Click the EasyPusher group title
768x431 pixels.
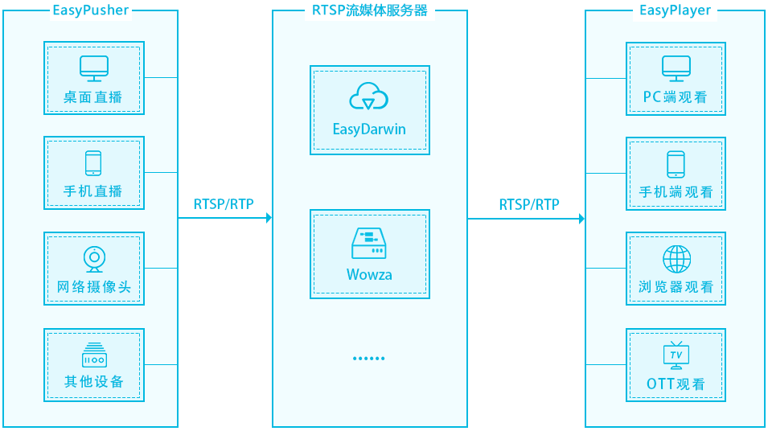[90, 10]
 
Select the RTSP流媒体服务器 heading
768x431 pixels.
[369, 10]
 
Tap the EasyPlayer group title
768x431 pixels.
[676, 10]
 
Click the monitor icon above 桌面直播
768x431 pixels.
[93, 68]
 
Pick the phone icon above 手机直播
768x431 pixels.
[93, 163]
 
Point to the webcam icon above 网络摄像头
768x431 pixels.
[93, 259]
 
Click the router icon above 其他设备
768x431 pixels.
[93, 355]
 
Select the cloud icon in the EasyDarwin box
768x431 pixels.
[369, 97]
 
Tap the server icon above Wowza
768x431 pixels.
[369, 243]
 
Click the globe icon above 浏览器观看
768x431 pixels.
[676, 259]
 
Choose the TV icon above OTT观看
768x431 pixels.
[676, 355]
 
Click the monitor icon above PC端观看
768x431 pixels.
[676, 68]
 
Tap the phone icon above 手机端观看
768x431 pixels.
[676, 164]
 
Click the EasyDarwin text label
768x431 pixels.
[369, 129]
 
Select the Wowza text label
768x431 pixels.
[369, 274]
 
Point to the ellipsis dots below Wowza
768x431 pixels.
[369, 359]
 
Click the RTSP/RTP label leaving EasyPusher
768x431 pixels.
[224, 204]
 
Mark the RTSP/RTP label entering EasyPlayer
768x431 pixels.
[529, 204]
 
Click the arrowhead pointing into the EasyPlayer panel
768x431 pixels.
[581, 218]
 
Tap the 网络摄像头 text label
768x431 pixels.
[93, 287]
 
